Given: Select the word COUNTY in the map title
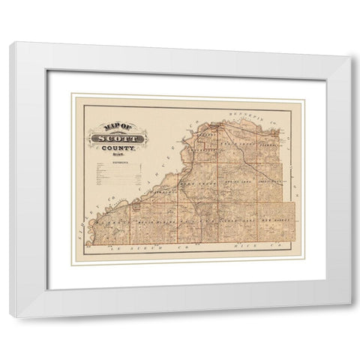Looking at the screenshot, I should [115, 149].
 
